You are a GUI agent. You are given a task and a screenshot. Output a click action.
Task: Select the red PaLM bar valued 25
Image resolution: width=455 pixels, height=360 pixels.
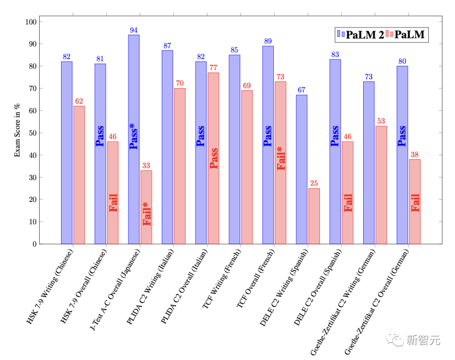point(314,216)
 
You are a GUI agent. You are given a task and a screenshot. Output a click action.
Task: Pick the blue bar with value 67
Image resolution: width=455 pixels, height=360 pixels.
point(302,169)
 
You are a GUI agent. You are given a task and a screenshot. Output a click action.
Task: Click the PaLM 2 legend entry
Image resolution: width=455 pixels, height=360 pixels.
point(361,35)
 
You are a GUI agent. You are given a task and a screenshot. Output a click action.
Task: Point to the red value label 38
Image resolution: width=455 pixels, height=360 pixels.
point(415,155)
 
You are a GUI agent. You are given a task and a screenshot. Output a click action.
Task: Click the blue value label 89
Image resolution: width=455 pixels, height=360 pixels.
point(268,41)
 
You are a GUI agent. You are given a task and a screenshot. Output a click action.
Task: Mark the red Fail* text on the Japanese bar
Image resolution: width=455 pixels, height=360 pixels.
point(147,214)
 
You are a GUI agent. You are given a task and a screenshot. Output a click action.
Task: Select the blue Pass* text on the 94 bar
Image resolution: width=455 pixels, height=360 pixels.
point(134,136)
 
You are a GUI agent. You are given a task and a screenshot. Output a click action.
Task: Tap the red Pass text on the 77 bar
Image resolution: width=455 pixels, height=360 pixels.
point(214,158)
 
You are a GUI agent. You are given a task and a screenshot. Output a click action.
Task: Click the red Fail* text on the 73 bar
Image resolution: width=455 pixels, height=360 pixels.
point(281,158)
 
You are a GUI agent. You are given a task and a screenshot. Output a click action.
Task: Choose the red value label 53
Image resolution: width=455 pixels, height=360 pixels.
point(381,121)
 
